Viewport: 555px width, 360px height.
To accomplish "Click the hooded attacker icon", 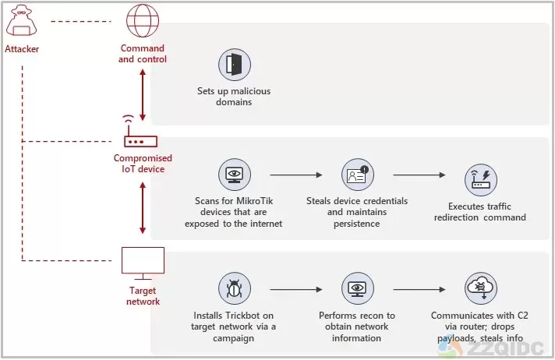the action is pyautogui.click(x=22, y=21).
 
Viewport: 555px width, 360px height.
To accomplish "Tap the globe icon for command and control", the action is pyautogui.click(x=143, y=20).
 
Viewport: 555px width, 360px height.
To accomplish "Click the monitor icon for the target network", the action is pyautogui.click(x=143, y=263).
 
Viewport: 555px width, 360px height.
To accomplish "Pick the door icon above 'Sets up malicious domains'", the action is pyautogui.click(x=235, y=65).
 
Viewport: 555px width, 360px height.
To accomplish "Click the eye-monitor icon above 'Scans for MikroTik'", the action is pyautogui.click(x=235, y=175).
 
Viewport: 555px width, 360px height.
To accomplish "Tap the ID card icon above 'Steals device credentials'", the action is pyautogui.click(x=358, y=175).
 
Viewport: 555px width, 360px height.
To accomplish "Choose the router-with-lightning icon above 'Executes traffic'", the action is pyautogui.click(x=481, y=180).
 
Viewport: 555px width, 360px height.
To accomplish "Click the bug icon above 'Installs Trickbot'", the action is pyautogui.click(x=235, y=289).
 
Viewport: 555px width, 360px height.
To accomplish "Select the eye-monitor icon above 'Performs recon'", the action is pyautogui.click(x=358, y=289).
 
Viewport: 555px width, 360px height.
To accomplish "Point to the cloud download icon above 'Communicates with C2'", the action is pyautogui.click(x=481, y=289).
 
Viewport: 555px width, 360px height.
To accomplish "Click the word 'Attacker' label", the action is pyautogui.click(x=22, y=49).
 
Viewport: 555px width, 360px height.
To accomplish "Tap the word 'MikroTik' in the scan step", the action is pyautogui.click(x=254, y=201).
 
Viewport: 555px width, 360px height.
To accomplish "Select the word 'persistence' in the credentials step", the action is pyautogui.click(x=356, y=224).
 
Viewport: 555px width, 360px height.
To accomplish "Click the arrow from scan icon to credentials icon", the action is pyautogui.click(x=296, y=175).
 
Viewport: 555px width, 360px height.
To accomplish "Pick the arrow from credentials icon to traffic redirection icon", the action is pyautogui.click(x=419, y=175).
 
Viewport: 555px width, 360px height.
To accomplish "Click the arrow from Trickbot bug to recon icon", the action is pyautogui.click(x=296, y=290).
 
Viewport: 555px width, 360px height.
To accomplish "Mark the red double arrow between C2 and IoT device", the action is pyautogui.click(x=143, y=94).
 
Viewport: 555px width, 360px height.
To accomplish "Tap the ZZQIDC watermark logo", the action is pyautogui.click(x=491, y=348).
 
